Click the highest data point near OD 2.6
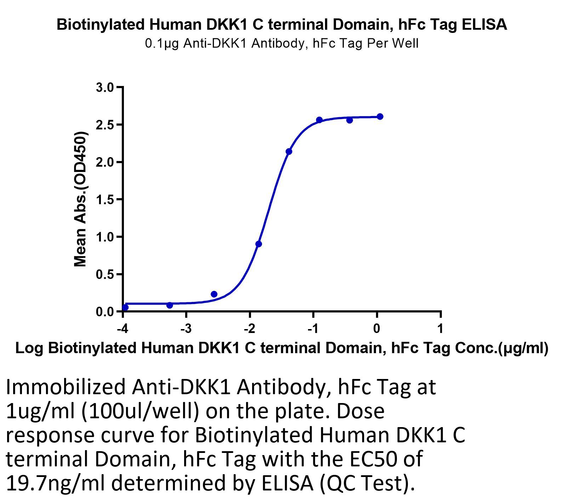coord(380,116)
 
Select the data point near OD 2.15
coord(289,151)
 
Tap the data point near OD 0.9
coord(258,244)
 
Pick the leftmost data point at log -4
coord(125,307)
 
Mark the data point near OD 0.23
coord(214,294)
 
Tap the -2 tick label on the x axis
coord(249,329)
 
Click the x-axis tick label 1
coord(440,329)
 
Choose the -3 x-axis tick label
coord(186,329)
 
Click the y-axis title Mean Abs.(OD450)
coord(81,199)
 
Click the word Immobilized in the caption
coord(66,387)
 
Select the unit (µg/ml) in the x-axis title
coord(523,349)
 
